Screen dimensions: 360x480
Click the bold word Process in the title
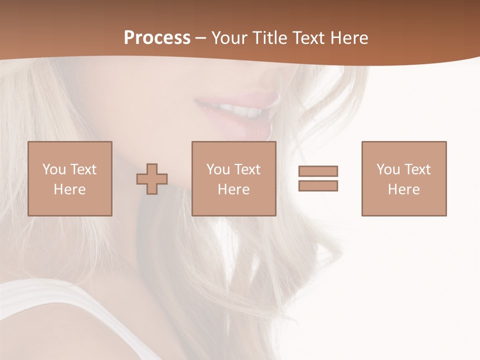[157, 38]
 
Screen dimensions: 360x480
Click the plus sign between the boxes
[152, 179]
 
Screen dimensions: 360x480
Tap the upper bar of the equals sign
[318, 171]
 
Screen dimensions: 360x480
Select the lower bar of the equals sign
[318, 185]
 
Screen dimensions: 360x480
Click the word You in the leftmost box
[54, 169]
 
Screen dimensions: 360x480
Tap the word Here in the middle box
[233, 189]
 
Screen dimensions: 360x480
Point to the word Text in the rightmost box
[418, 169]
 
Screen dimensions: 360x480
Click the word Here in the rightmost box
[403, 189]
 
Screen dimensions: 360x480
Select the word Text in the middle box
[248, 169]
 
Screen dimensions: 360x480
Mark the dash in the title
[201, 38]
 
